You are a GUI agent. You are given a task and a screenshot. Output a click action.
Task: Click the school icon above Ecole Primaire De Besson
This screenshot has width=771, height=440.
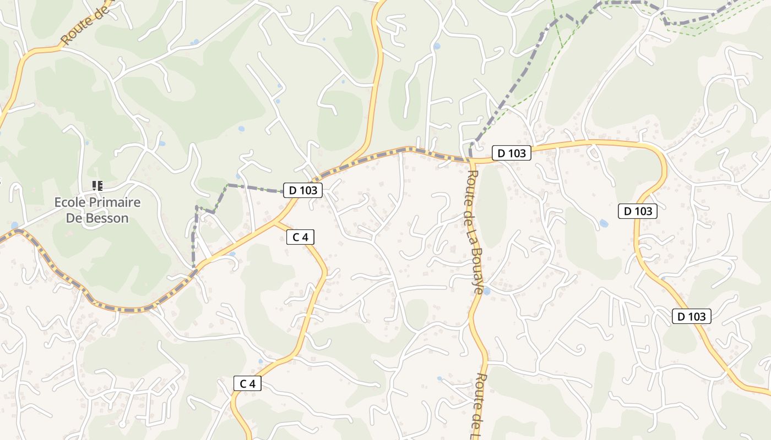pyautogui.click(x=97, y=186)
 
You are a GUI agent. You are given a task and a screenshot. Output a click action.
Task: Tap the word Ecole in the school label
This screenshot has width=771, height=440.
pyautogui.click(x=70, y=202)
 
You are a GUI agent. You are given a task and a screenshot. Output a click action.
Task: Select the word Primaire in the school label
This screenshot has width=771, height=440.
pyautogui.click(x=115, y=202)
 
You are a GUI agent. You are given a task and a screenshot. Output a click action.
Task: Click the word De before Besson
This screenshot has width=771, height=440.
pyautogui.click(x=74, y=218)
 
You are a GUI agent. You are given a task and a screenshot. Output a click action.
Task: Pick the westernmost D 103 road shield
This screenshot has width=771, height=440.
pyautogui.click(x=303, y=190)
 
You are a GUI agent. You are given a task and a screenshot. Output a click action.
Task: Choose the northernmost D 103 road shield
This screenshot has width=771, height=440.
pyautogui.click(x=512, y=153)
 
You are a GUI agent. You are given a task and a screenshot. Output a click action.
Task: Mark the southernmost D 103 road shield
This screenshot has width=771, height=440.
pyautogui.click(x=691, y=316)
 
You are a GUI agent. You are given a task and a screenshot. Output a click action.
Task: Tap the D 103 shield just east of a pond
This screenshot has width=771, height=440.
pyautogui.click(x=638, y=211)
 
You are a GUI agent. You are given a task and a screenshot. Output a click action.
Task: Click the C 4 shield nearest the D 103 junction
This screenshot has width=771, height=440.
pyautogui.click(x=300, y=237)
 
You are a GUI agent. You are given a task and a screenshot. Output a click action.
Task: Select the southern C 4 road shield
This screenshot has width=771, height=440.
pyautogui.click(x=247, y=383)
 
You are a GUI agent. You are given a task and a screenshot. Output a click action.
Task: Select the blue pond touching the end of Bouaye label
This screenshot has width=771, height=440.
pyautogui.click(x=486, y=291)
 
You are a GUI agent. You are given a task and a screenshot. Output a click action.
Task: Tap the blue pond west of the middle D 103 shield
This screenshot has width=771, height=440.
pyautogui.click(x=604, y=224)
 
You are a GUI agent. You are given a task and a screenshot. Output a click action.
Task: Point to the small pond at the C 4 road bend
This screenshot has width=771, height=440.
pyautogui.click(x=260, y=361)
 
